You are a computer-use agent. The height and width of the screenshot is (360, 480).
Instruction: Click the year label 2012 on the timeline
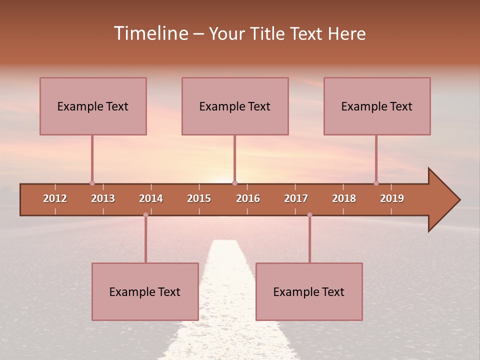click(x=55, y=198)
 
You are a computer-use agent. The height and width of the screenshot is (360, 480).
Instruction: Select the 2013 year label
click(x=103, y=198)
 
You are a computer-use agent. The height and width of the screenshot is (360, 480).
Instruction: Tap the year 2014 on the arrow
click(x=151, y=198)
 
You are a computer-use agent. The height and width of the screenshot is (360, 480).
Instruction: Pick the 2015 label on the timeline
click(x=199, y=198)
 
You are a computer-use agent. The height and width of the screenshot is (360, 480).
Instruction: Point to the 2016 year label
click(x=248, y=198)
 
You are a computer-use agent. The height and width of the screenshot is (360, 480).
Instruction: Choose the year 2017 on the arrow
click(x=296, y=198)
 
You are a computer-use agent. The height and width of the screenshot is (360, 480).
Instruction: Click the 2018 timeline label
click(x=344, y=198)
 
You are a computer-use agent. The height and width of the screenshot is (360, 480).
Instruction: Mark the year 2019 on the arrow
click(x=392, y=198)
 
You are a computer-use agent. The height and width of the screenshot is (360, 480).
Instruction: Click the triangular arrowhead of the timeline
click(x=442, y=200)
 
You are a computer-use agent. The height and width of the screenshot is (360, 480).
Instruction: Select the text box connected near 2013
click(x=93, y=106)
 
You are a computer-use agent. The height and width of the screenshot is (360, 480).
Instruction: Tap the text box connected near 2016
click(x=235, y=106)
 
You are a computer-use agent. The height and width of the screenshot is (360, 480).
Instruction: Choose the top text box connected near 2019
click(x=377, y=106)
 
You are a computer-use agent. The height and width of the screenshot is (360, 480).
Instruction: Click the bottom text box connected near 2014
click(x=145, y=291)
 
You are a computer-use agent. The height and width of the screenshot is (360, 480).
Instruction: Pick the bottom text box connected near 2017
click(x=309, y=291)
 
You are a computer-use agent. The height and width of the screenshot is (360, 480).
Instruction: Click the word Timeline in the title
click(x=151, y=33)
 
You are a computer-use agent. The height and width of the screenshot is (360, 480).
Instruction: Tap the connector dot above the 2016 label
click(x=235, y=183)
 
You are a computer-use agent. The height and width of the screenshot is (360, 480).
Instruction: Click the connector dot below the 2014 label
click(x=145, y=215)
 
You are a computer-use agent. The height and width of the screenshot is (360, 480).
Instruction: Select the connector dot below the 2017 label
click(x=309, y=215)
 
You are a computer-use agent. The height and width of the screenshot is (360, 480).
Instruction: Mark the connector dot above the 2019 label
click(x=376, y=183)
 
